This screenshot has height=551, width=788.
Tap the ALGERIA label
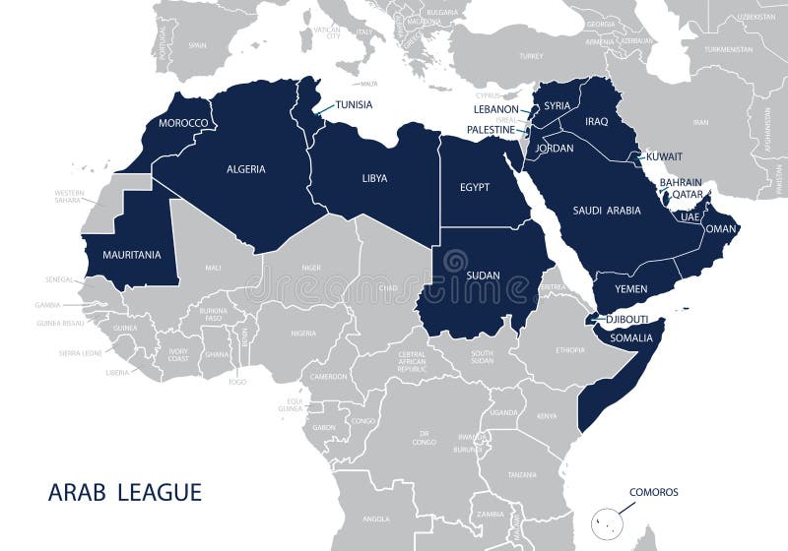tap(245, 169)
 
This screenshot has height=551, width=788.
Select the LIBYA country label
tap(374, 178)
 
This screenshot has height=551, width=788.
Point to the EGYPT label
tap(475, 187)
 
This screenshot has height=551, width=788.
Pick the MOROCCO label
tap(183, 123)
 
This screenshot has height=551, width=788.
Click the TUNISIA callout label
tap(354, 104)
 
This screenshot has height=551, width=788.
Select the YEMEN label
tap(630, 289)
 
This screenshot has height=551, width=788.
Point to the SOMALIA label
tap(631, 338)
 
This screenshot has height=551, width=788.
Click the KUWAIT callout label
tap(665, 156)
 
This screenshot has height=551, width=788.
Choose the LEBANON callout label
tap(494, 109)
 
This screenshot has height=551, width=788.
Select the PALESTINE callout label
tap(491, 130)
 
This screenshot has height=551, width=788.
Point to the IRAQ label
tap(597, 122)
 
